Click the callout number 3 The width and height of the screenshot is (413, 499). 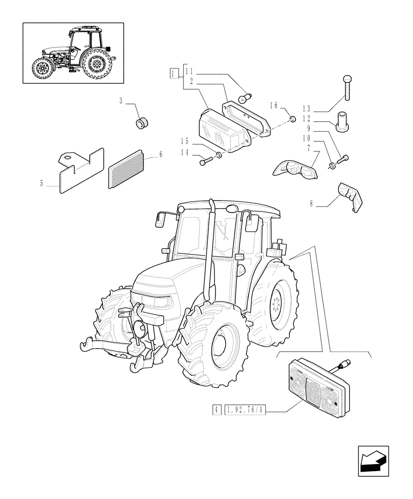pyautogui.click(x=121, y=101)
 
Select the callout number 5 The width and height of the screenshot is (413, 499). pyautogui.click(x=42, y=184)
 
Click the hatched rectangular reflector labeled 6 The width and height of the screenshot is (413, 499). pyautogui.click(x=126, y=170)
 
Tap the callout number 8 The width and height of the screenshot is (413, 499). pyautogui.click(x=311, y=203)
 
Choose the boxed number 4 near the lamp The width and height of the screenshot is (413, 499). pyautogui.click(x=216, y=410)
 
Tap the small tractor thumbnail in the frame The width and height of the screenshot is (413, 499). pyautogui.click(x=73, y=52)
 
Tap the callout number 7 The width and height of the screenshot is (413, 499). pyautogui.click(x=309, y=148)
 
